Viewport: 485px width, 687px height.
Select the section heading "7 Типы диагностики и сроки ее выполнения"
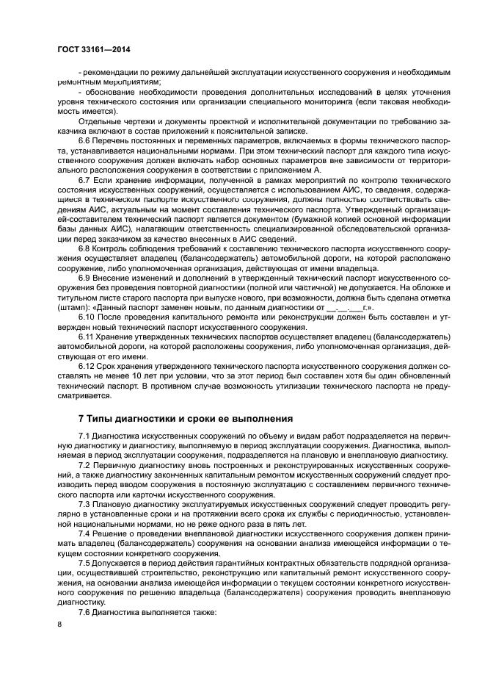[185, 418]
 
